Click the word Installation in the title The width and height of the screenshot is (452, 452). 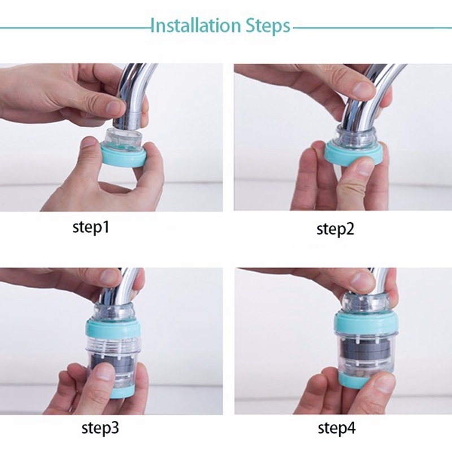[x=195, y=25]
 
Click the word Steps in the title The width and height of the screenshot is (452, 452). [x=267, y=27]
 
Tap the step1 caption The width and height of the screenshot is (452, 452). [x=91, y=227]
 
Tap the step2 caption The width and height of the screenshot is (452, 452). [x=335, y=229]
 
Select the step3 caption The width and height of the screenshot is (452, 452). [x=100, y=428]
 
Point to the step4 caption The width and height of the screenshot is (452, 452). [x=336, y=428]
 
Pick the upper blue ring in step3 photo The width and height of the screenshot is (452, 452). [x=114, y=329]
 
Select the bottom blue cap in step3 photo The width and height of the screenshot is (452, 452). [x=118, y=393]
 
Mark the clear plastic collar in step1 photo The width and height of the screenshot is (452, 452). [x=123, y=137]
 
